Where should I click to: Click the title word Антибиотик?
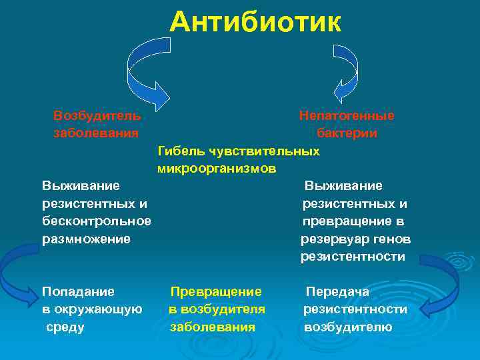point(255,21)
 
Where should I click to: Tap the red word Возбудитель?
point(97,115)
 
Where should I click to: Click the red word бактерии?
point(347,133)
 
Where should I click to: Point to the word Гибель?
point(180,151)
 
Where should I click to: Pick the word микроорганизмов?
point(217,169)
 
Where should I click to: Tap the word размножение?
point(86,238)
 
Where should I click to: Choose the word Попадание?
point(78,291)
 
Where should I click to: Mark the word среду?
point(65,327)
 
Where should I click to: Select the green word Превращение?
point(216,291)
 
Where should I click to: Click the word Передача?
point(337,291)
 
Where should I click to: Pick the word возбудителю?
point(348,327)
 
